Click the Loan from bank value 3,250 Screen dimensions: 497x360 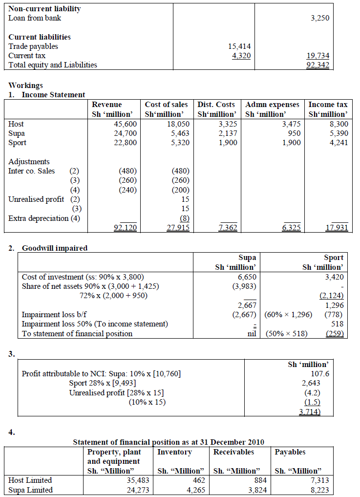[320, 18]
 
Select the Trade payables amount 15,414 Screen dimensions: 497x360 [239, 46]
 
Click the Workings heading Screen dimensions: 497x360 [26, 86]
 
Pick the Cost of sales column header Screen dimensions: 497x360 [167, 105]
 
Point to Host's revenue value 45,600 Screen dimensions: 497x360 [125, 124]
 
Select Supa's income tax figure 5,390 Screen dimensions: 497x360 [339, 133]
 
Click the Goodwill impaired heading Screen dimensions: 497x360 [55, 248]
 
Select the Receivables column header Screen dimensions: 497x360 [232, 452]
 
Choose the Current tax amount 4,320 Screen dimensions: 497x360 [241, 56]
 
